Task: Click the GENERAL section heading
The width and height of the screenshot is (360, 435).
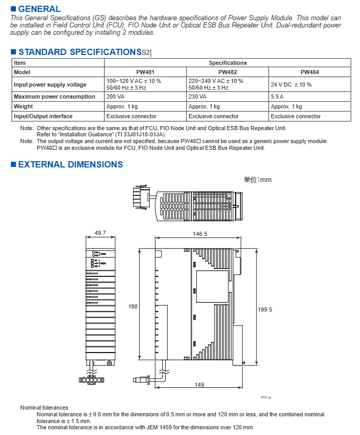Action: (39, 9)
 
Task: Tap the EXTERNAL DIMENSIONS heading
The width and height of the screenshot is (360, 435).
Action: (70, 165)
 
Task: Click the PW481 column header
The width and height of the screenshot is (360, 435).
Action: (145, 72)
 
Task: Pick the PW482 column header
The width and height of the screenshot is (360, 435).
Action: (227, 72)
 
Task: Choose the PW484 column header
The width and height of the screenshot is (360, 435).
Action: (309, 72)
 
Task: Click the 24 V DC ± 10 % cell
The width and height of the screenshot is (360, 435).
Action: (291, 85)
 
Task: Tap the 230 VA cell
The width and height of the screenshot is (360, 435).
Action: (197, 96)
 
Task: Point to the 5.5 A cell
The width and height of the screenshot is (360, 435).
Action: (278, 96)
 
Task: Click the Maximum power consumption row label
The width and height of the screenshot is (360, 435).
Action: (54, 96)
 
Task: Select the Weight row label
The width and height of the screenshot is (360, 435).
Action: (23, 106)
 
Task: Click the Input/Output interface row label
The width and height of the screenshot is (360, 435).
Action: (43, 116)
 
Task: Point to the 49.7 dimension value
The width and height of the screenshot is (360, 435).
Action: (100, 233)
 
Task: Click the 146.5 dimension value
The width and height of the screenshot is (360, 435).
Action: (200, 234)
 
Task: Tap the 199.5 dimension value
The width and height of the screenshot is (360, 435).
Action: (265, 310)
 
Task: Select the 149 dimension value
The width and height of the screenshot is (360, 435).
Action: (199, 385)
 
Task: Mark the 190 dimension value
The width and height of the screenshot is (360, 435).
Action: (133, 307)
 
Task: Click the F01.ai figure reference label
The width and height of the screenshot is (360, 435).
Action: (266, 397)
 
